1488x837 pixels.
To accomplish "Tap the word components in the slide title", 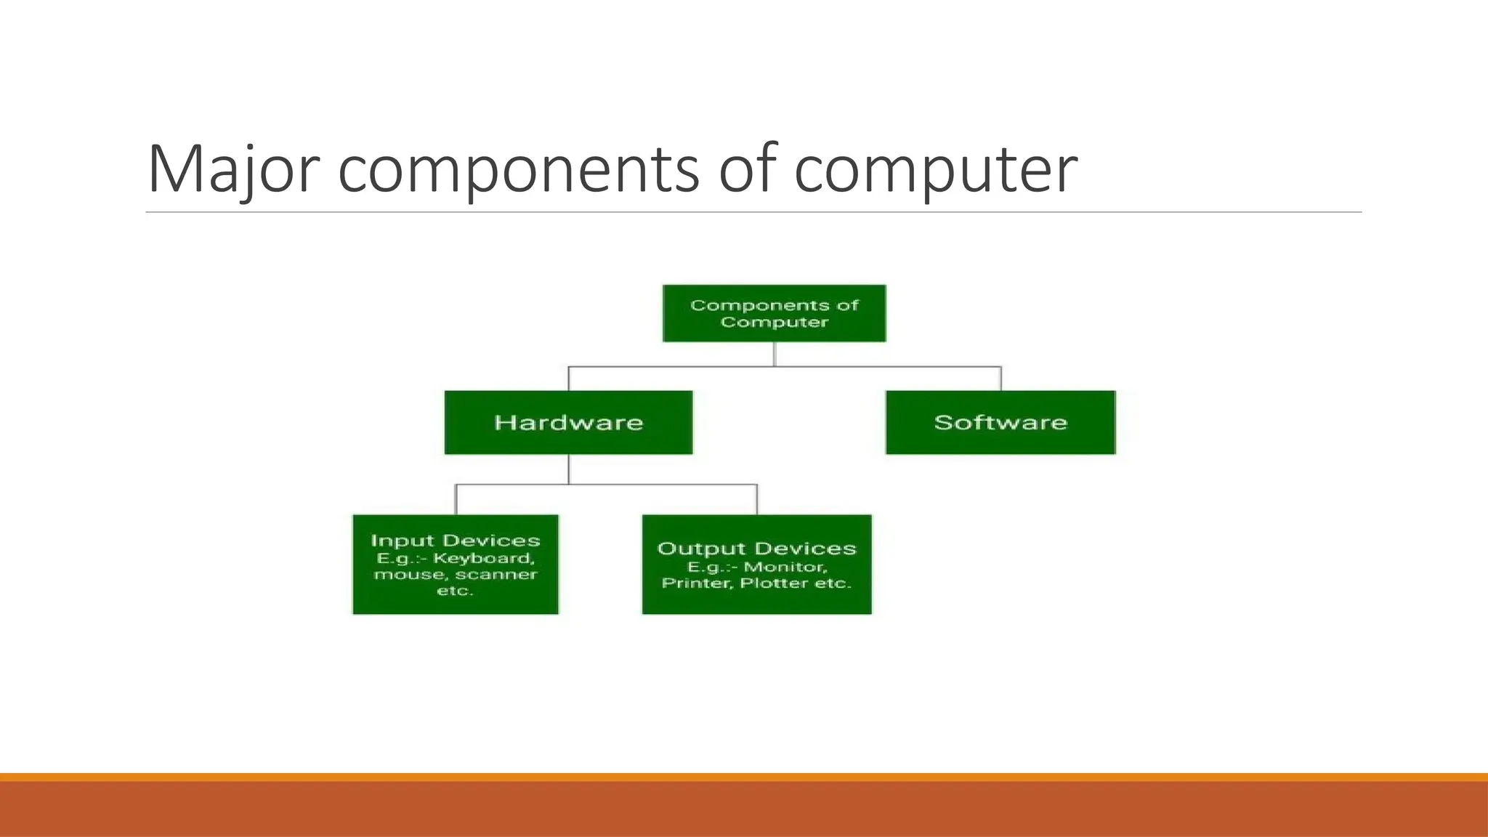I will tap(519, 169).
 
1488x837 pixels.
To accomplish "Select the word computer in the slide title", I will tap(936, 169).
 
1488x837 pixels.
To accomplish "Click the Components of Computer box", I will tap(774, 313).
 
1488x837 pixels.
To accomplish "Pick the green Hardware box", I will tap(568, 422).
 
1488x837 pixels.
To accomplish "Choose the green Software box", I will tap(1000, 422).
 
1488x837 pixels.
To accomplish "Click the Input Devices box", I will tap(456, 565).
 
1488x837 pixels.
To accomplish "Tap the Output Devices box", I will tap(756, 565).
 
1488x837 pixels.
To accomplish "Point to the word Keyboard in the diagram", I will tap(484, 559).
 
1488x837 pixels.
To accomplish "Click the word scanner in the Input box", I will tap(497, 575).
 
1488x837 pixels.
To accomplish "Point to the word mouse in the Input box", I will tap(403, 575).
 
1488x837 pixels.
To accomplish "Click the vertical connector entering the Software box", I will tap(1001, 379).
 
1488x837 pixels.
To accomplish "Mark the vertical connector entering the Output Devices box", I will tap(757, 500).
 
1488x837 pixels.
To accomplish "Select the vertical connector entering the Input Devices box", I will tap(456, 500).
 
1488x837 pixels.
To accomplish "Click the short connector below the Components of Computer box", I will tap(775, 354).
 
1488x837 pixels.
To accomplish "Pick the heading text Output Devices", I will tap(756, 549).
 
